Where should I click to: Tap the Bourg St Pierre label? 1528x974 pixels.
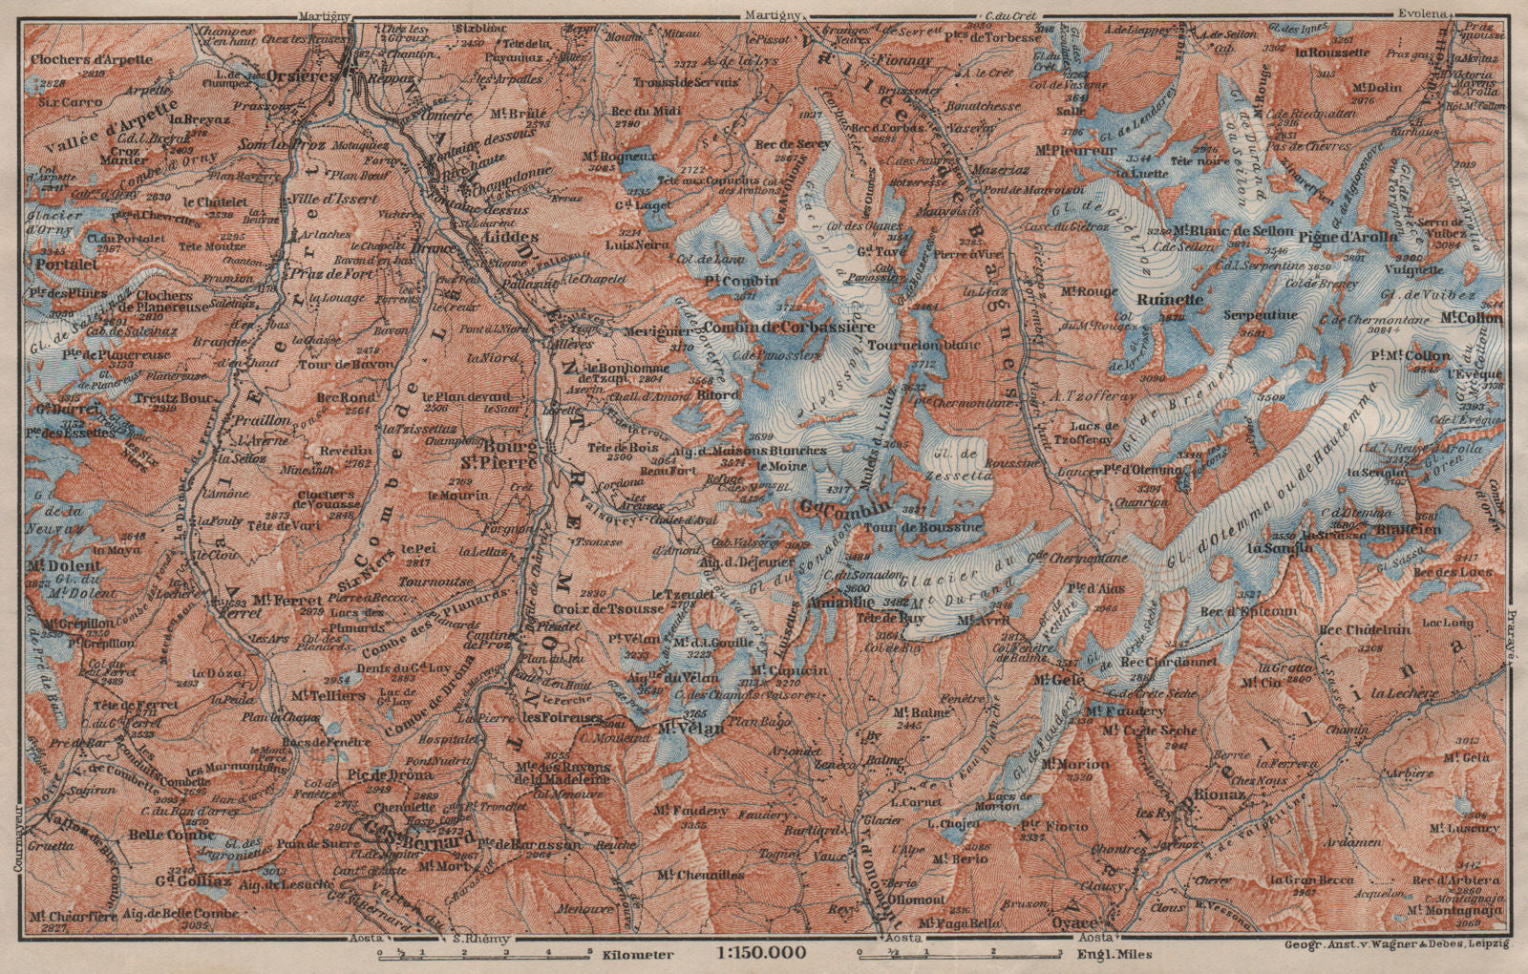(513, 455)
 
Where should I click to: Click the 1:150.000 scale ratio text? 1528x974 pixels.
(760, 953)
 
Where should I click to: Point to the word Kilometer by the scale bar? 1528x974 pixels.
(639, 954)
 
